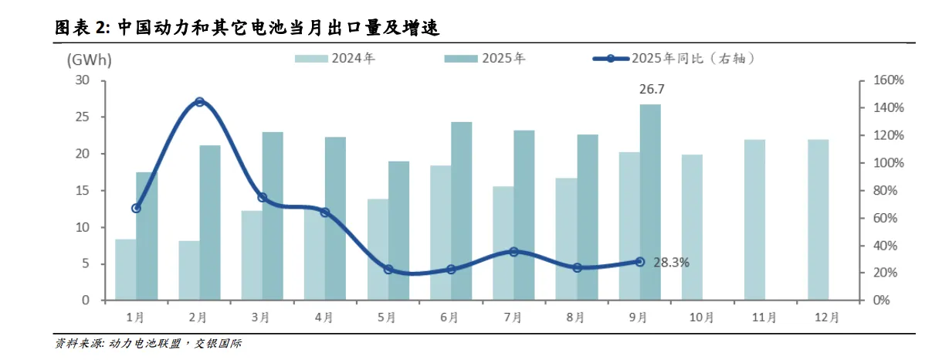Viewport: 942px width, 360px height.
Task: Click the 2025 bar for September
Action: coord(650,202)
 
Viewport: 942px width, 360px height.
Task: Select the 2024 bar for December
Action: coord(818,219)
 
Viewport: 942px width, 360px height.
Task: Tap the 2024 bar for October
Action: coord(692,227)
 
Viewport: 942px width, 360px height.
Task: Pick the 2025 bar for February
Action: coord(210,222)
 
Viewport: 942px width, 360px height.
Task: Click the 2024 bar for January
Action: coord(126,270)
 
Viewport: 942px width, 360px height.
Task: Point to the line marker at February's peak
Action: coord(199,102)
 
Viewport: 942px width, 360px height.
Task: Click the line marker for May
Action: coord(388,270)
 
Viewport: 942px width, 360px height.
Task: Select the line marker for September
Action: coord(639,262)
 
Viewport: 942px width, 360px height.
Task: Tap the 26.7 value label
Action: coord(651,90)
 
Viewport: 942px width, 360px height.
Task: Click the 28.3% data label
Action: coord(671,263)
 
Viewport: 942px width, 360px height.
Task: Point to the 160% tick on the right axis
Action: coord(888,80)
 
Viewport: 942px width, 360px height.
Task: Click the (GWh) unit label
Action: coord(90,59)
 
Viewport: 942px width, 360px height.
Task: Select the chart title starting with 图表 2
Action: coord(247,28)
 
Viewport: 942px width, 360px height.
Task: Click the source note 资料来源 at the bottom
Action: coord(147,343)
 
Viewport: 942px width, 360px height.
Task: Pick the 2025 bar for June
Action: coord(462,211)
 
